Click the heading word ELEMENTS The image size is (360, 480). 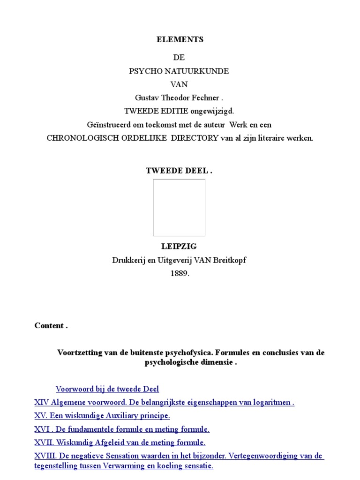click(180, 40)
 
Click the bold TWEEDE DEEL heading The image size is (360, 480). click(179, 171)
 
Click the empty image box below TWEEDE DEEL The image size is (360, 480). click(179, 207)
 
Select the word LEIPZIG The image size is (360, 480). click(180, 247)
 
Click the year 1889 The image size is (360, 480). click(180, 274)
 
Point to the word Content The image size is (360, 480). click(49, 326)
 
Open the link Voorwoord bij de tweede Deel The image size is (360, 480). click(107, 389)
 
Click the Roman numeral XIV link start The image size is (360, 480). click(41, 402)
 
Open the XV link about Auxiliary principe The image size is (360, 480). click(102, 416)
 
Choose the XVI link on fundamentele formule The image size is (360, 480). click(122, 429)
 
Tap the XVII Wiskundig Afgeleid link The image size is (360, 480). click(120, 442)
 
